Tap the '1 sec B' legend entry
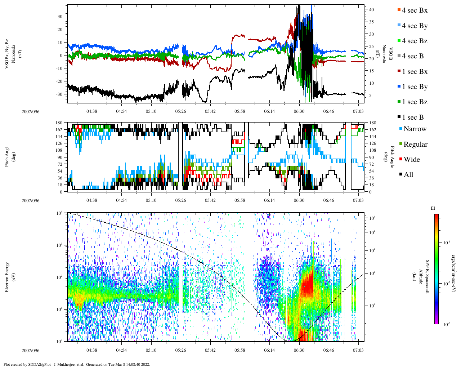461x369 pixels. pos(413,117)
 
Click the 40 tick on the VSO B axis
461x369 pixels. pos(371,10)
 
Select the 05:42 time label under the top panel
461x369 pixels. pos(210,111)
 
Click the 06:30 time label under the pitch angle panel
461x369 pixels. pos(299,200)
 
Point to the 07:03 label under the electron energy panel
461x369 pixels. pos(358,350)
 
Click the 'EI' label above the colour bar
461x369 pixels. pos(433,208)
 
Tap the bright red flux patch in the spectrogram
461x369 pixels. pos(307,285)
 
